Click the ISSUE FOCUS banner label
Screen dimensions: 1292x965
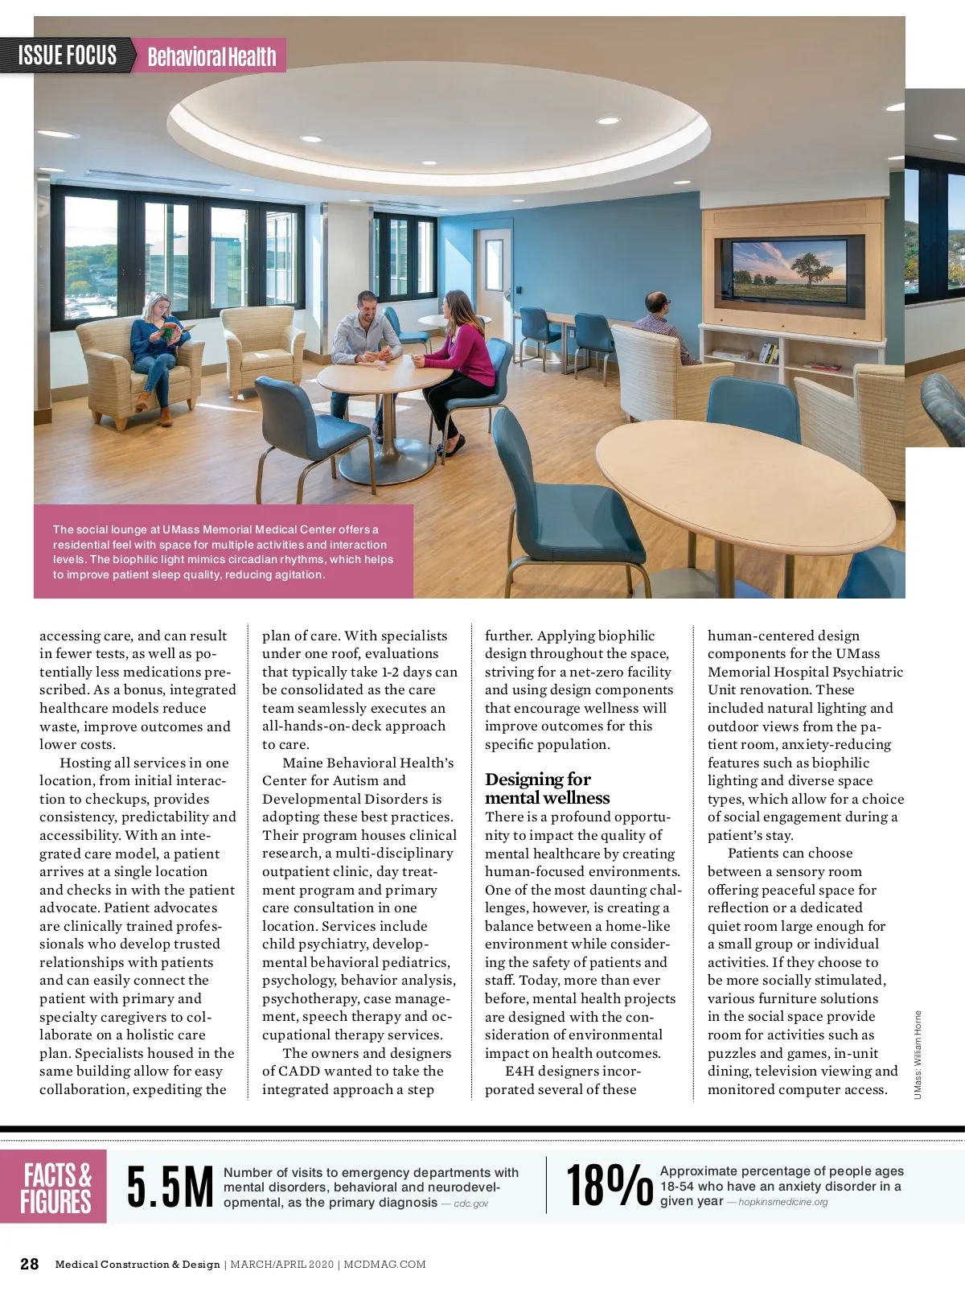click(x=68, y=56)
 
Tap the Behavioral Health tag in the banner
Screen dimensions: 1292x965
click(x=211, y=56)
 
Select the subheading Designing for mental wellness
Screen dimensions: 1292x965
click(x=547, y=788)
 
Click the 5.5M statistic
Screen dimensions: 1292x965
click(x=170, y=1187)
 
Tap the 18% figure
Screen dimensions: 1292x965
click(x=609, y=1186)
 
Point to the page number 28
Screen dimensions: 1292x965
click(x=30, y=1264)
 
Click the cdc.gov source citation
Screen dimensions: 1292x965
click(x=470, y=1204)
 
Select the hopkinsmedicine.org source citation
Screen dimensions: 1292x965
click(x=782, y=1202)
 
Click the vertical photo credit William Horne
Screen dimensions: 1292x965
click(x=918, y=1054)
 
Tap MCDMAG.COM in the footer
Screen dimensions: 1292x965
click(x=385, y=1265)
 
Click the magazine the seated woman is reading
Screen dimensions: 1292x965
click(x=176, y=331)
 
